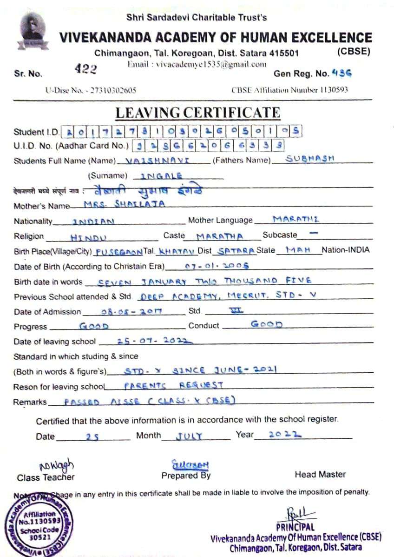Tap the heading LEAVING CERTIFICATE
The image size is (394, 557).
(x=197, y=113)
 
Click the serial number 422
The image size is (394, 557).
(x=86, y=69)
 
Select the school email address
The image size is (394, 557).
(x=197, y=64)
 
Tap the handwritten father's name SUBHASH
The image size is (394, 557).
(x=309, y=158)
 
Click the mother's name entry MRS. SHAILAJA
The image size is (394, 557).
(x=124, y=204)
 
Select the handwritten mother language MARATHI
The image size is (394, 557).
(x=295, y=219)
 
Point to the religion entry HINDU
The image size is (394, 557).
(x=88, y=237)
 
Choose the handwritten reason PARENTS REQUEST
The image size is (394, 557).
(x=174, y=385)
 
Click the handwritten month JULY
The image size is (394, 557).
(x=189, y=436)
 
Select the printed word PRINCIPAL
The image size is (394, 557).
(x=295, y=527)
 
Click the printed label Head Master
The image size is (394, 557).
(x=320, y=475)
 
